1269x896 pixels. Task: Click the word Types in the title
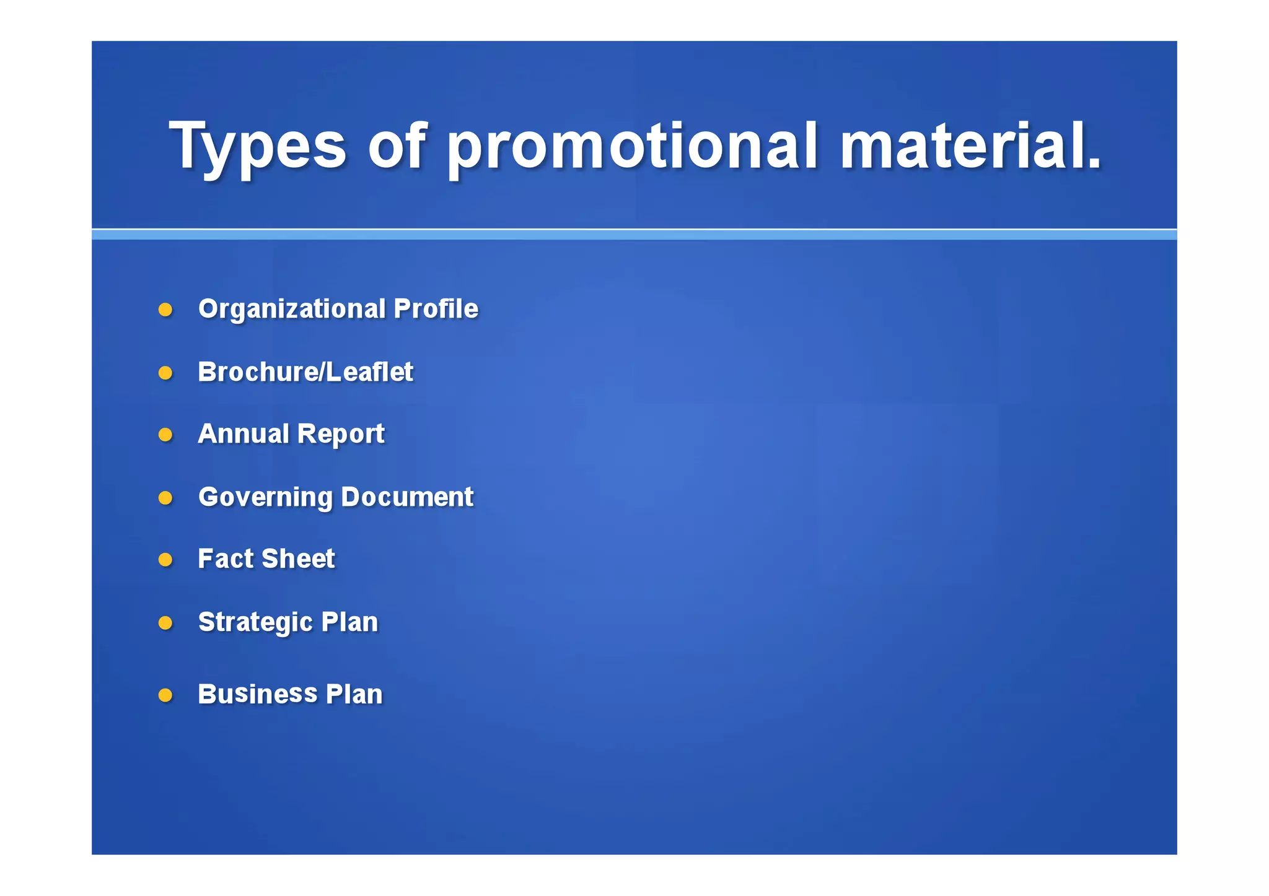coord(257,146)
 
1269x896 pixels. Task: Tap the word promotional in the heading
coord(632,146)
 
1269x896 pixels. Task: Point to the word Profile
coord(436,308)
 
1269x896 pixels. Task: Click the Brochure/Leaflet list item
coord(305,372)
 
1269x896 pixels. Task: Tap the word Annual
coord(243,433)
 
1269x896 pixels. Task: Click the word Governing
coord(265,498)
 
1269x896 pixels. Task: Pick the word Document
coord(406,497)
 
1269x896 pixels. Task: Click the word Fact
coord(226,559)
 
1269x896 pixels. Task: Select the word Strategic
coord(255,622)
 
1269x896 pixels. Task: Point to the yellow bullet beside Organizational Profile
coord(165,310)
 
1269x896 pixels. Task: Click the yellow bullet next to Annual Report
coord(165,435)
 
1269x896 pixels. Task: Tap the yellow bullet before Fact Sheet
coord(165,560)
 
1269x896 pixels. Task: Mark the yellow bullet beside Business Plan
coord(165,695)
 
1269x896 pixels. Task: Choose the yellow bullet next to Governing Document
coord(165,498)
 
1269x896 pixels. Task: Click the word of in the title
coord(397,146)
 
